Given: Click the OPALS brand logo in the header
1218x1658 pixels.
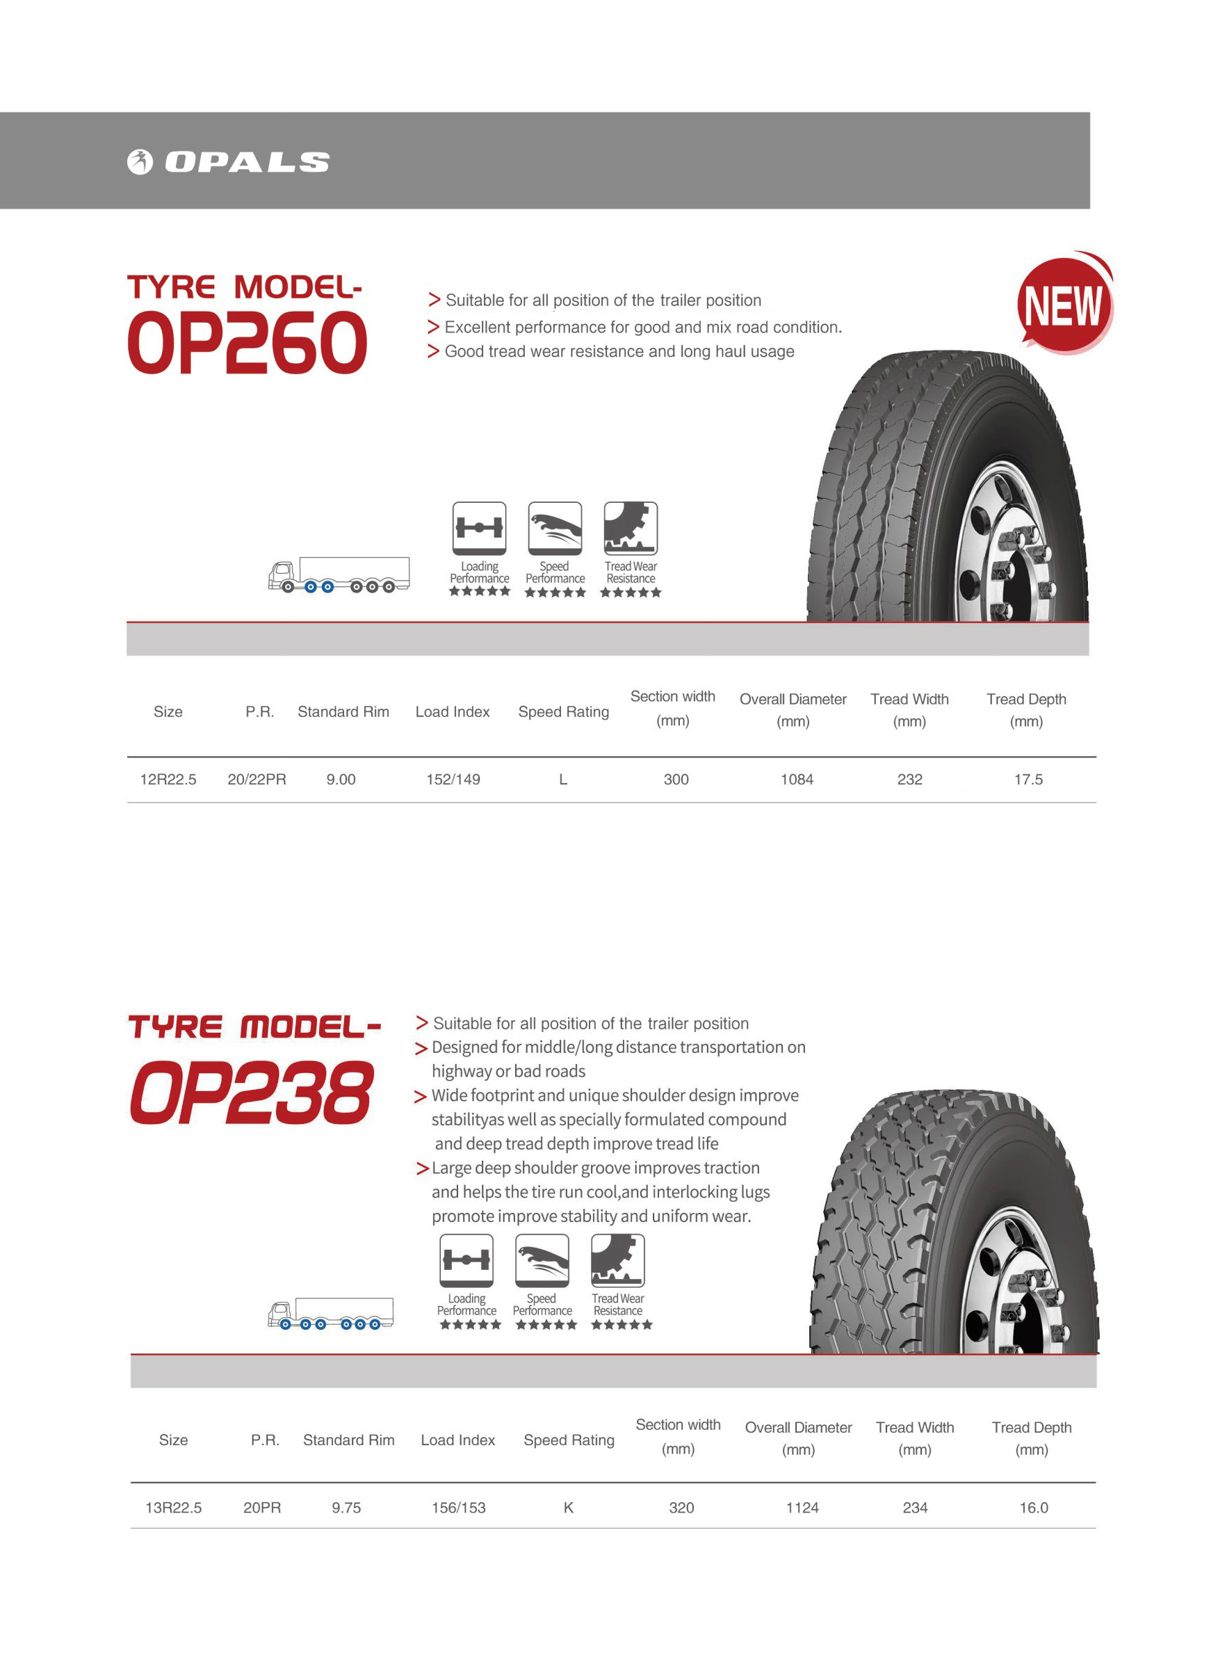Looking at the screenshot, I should click(x=228, y=161).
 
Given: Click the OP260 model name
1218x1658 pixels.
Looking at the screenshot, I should click(x=247, y=342).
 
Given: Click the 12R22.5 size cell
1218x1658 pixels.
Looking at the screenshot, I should click(x=168, y=780).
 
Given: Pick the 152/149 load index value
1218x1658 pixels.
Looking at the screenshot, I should click(x=453, y=780).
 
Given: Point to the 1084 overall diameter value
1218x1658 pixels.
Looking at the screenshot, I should click(x=796, y=780).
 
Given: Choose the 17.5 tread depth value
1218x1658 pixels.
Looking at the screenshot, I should click(x=1028, y=780).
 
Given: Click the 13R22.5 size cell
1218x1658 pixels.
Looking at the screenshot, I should click(x=173, y=1508).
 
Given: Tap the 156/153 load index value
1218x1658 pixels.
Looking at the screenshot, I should click(x=459, y=1508).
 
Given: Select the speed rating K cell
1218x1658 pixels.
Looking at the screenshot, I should click(x=569, y=1508).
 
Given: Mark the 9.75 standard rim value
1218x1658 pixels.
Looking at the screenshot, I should click(x=346, y=1508).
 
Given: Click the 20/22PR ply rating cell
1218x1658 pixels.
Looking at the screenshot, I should click(x=257, y=780).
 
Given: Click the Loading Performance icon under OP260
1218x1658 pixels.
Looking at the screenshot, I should click(x=479, y=528).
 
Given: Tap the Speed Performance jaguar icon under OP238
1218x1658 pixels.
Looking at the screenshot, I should click(x=542, y=1260).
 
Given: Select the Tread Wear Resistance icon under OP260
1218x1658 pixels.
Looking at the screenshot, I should click(x=631, y=528).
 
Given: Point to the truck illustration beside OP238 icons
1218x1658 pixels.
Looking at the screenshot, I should click(x=330, y=1314).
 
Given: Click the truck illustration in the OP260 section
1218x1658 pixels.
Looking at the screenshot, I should click(x=339, y=574).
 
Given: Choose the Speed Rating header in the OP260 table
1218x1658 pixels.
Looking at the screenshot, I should click(x=563, y=711).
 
